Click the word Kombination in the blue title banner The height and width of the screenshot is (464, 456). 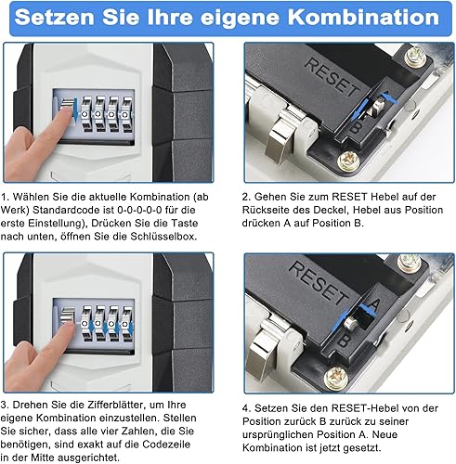pos(364,17)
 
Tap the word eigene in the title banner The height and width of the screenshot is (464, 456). pos(241,19)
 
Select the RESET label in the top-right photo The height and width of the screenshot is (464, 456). pos(332,77)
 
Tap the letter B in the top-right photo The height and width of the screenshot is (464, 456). pos(355,126)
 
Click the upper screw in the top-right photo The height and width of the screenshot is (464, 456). pos(415,57)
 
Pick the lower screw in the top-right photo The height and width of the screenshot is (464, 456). pos(348,161)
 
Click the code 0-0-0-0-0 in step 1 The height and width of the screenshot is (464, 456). pos(139,210)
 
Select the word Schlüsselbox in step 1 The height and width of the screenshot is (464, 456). pos(163,237)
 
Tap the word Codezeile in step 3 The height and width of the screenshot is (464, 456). pos(166,445)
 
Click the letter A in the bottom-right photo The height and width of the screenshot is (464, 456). pos(373,305)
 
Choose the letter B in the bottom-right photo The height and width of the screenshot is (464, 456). pos(343,342)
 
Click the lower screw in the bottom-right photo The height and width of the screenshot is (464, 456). pos(336,377)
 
